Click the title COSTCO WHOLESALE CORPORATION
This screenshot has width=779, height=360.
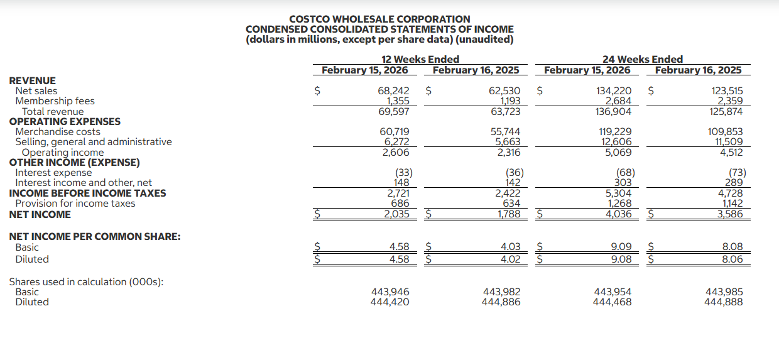379,19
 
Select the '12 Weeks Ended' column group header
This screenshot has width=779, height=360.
420,60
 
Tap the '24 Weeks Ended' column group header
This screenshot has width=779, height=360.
642,60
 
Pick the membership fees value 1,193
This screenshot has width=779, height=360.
509,101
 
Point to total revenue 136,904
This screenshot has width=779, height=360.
613,112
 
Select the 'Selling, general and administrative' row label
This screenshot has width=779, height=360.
93,142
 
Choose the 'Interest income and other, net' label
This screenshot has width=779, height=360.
84,183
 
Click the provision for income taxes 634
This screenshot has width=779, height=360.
511,204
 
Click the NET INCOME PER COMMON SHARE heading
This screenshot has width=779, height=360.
95,237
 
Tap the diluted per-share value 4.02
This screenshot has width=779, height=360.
510,259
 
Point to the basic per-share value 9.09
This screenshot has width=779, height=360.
621,248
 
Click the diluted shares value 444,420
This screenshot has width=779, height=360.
389,302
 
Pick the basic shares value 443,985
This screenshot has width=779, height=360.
724,292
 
